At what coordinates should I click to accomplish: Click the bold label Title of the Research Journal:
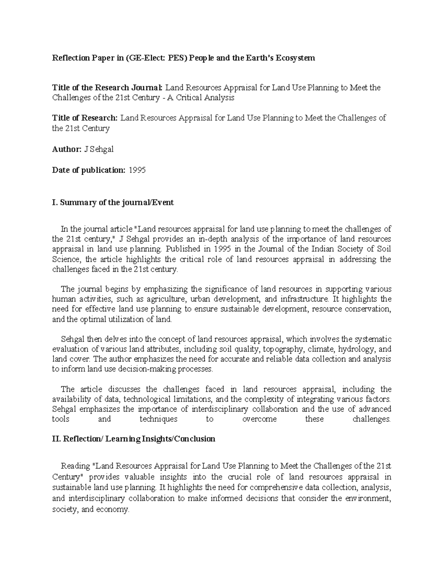[107, 88]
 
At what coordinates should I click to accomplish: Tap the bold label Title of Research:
[85, 118]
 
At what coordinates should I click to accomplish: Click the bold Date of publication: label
[89, 170]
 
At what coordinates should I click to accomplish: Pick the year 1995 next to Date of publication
[137, 170]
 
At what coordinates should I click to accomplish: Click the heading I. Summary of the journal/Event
[113, 203]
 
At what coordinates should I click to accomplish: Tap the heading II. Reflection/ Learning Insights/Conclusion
[134, 439]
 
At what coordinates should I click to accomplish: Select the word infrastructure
[305, 299]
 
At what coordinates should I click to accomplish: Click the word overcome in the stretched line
[259, 419]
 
